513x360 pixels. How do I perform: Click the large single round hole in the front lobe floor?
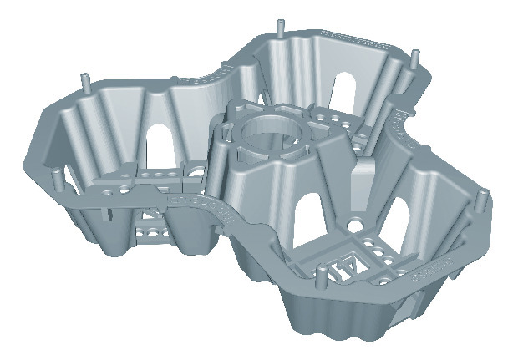(x=356, y=225)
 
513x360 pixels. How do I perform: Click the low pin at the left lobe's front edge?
(x=55, y=178)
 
